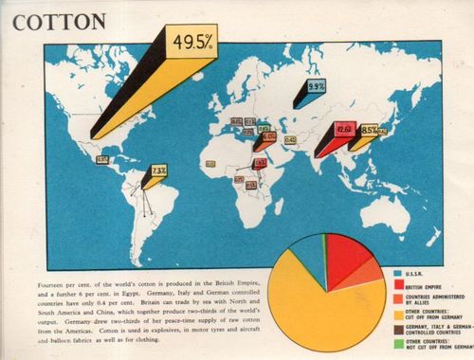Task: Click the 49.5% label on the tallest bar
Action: tap(191, 42)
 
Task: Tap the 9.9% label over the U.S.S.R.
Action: tap(316, 85)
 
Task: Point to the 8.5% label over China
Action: tap(370, 129)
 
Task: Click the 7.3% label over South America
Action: tap(158, 171)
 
